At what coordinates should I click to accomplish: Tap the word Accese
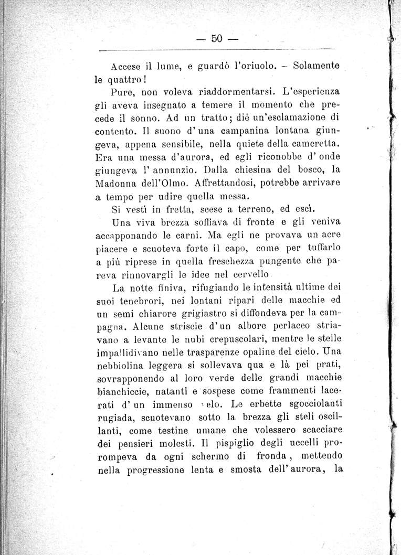point(128,67)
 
